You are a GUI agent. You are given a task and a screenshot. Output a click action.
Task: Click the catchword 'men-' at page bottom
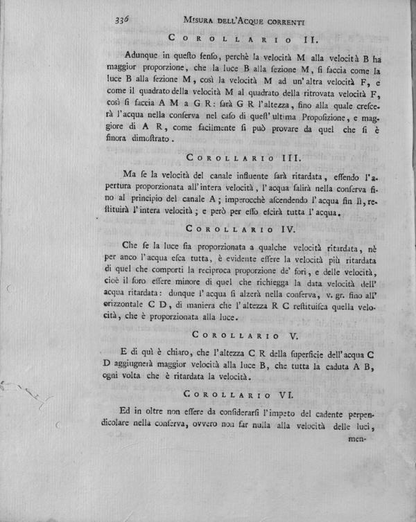point(354,437)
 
